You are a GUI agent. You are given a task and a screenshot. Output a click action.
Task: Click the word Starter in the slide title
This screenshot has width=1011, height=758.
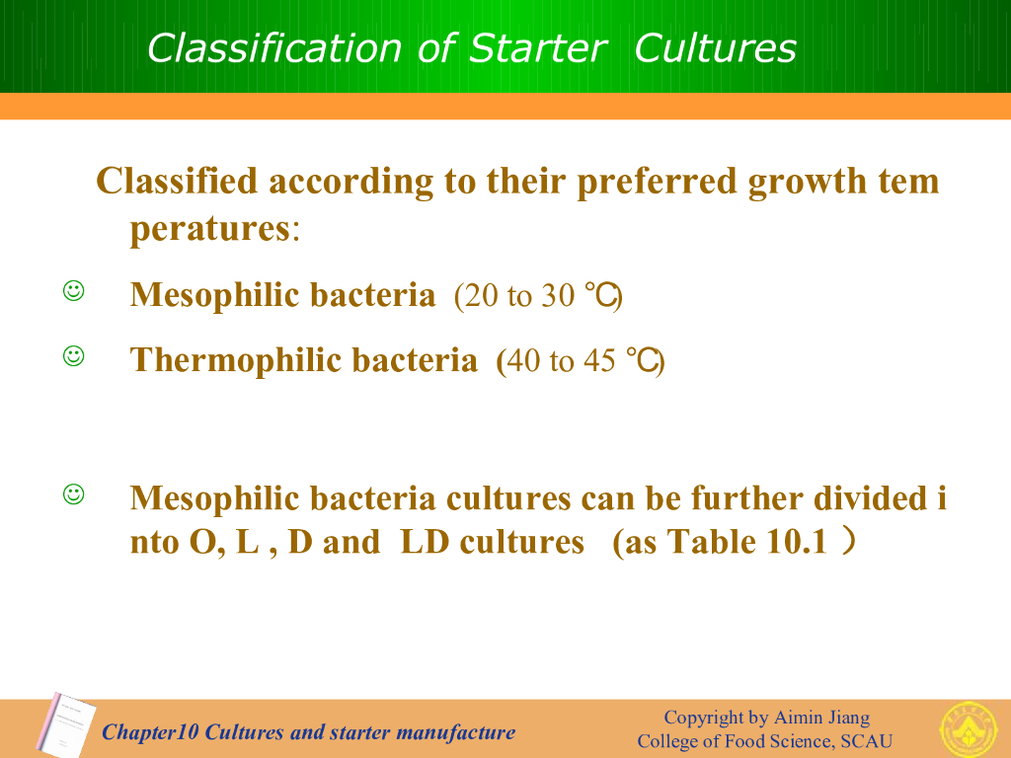pos(538,48)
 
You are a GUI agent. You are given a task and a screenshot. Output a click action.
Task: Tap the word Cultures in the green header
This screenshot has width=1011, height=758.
pos(715,48)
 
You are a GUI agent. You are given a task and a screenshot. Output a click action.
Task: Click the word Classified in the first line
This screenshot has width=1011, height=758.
pos(177,181)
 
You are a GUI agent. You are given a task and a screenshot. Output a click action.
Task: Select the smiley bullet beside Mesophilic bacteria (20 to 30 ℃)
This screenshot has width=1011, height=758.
pos(73,291)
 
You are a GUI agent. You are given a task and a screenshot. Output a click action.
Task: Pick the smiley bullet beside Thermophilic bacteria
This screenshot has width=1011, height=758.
pos(73,355)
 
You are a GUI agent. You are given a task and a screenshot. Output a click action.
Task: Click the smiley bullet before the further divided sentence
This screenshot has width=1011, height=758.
pos(73,494)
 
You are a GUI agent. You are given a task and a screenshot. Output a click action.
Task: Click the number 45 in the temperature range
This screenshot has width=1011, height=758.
pos(599,361)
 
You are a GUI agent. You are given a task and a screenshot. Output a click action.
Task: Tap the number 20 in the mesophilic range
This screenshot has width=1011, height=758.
pos(481,296)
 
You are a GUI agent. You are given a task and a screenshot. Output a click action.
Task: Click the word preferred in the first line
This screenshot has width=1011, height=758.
pos(657,182)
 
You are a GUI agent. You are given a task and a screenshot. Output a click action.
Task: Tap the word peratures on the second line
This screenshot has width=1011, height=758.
pos(210,229)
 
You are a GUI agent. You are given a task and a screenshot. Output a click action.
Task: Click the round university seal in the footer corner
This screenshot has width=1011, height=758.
pos(970,729)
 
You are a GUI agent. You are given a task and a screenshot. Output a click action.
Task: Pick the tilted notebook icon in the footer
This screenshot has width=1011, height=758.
pos(66,724)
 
